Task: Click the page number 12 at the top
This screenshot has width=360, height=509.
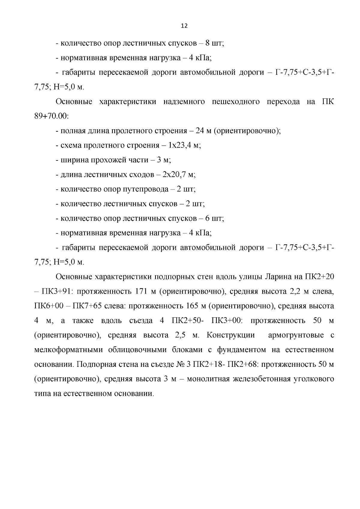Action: click(x=184, y=26)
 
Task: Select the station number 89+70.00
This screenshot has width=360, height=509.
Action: click(x=51, y=116)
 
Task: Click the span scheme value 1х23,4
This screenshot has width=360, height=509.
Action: click(x=180, y=145)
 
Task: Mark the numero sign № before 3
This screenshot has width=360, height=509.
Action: click(x=179, y=364)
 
